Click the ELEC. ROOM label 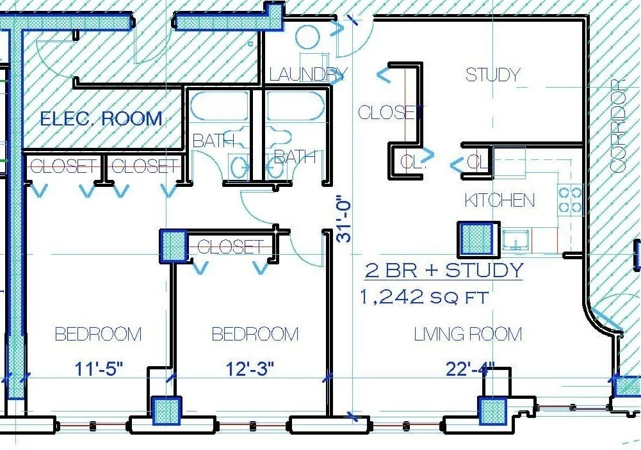click(x=101, y=118)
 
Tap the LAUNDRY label click(x=308, y=75)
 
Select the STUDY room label click(x=493, y=75)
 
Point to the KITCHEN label click(x=499, y=200)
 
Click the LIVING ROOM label click(x=468, y=334)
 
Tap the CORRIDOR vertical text click(x=618, y=126)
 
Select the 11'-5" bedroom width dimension click(x=99, y=369)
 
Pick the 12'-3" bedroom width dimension click(x=250, y=369)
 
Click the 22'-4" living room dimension click(x=470, y=369)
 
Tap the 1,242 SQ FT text click(x=424, y=297)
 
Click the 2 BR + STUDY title click(x=444, y=270)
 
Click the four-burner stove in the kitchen click(x=571, y=200)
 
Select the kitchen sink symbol click(x=517, y=239)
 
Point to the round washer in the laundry click(x=307, y=38)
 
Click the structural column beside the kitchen click(x=478, y=239)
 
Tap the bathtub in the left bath click(x=220, y=106)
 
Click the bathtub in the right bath click(x=295, y=106)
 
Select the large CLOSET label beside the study click(x=391, y=113)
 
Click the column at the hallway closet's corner click(x=173, y=245)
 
